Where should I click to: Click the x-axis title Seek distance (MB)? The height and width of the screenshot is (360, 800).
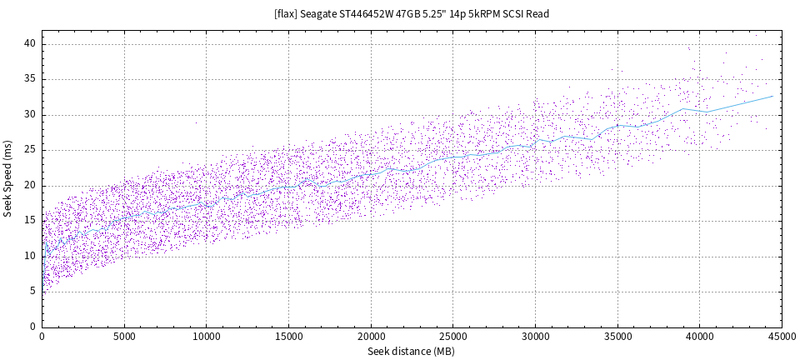(x=412, y=352)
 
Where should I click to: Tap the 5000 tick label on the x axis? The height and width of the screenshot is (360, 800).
(x=124, y=336)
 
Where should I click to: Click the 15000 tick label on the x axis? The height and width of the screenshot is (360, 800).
(x=288, y=336)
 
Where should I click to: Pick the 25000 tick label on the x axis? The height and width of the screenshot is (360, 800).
(x=452, y=336)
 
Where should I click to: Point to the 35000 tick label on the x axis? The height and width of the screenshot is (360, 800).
(x=617, y=336)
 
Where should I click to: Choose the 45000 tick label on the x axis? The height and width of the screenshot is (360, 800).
(x=781, y=336)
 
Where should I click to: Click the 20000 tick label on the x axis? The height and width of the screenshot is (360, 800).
(x=371, y=336)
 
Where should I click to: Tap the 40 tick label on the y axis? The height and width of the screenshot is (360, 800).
(x=30, y=43)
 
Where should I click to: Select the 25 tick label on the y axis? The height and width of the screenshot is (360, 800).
(x=30, y=150)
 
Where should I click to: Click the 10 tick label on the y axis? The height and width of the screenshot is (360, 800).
(x=30, y=257)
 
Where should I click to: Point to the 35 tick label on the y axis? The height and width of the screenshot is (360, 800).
(x=30, y=79)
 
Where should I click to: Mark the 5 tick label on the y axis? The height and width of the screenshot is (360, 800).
(x=32, y=292)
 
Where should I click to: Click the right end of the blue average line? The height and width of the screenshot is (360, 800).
(x=772, y=96)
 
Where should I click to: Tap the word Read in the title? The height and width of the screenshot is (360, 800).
(x=537, y=14)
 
